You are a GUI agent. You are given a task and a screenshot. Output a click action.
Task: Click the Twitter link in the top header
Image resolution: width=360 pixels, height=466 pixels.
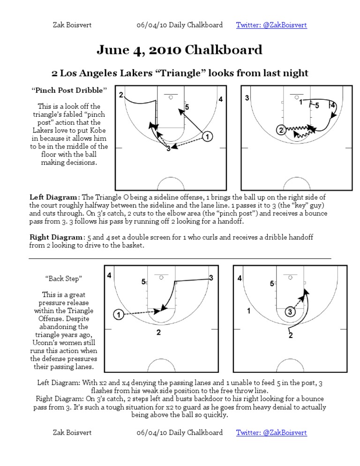(271, 25)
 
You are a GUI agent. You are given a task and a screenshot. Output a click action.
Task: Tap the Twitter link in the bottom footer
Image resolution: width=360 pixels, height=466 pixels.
(271, 432)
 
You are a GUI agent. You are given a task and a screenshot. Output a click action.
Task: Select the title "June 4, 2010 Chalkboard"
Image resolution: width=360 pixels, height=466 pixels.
(180, 50)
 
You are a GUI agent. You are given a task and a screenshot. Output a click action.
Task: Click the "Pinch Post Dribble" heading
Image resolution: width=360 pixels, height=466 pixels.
(69, 90)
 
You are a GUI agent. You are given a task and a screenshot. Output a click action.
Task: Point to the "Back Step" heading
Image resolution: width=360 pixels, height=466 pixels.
(64, 278)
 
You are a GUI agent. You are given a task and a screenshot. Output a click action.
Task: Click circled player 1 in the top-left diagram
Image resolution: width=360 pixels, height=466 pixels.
(207, 136)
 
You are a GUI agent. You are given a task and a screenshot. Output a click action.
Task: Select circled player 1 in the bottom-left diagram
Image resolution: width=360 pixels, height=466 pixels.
(119, 315)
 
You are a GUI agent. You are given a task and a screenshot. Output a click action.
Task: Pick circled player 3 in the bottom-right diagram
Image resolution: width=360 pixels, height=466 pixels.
(290, 312)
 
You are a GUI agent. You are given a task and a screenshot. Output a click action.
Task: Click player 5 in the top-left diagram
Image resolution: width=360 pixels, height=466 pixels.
(187, 108)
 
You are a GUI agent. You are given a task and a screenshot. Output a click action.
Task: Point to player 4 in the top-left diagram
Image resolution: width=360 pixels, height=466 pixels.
(220, 99)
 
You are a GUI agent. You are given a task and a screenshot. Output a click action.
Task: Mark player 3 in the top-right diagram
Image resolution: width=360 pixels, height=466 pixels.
(247, 98)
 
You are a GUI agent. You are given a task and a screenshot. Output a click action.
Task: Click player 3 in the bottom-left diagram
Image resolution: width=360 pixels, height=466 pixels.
(211, 278)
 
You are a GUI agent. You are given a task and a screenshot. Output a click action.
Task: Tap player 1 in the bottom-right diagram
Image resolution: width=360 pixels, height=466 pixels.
(249, 311)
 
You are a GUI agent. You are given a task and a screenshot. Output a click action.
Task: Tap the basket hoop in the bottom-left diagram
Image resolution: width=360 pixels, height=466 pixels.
(161, 277)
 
